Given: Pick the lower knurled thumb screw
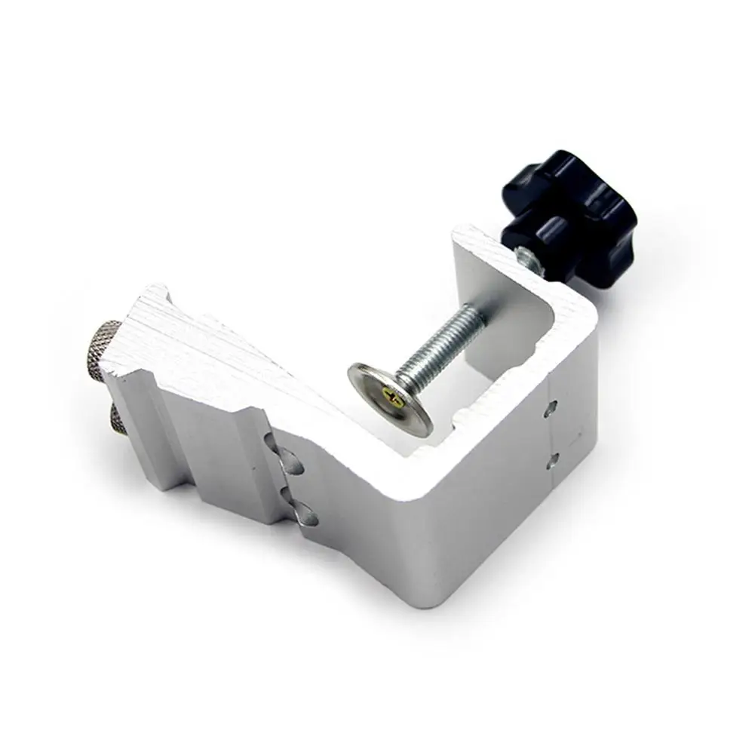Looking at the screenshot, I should point(119,417).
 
